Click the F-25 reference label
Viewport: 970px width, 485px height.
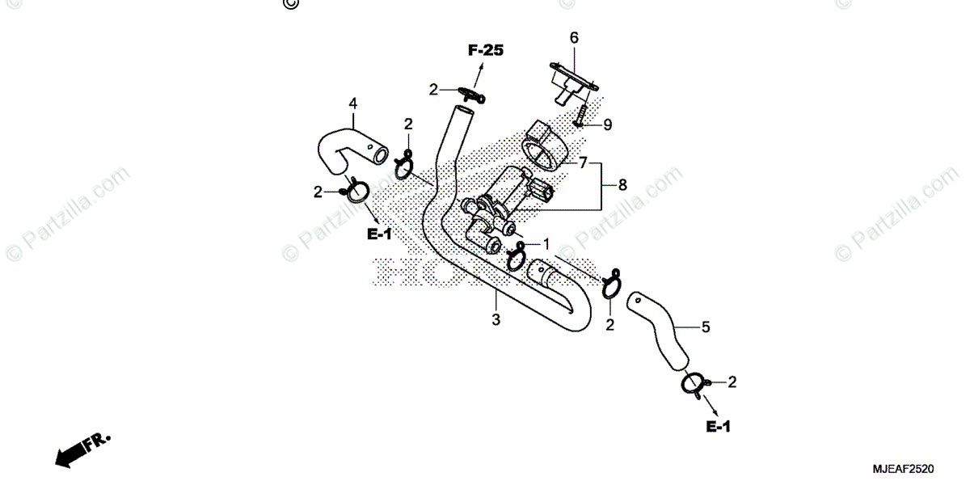coord(485,51)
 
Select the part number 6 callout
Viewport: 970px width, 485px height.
coord(574,38)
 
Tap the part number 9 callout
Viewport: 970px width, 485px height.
coord(606,124)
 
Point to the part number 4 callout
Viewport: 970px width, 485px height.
coord(352,103)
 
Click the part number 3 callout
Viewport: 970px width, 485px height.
coord(496,319)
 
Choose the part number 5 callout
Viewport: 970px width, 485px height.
coord(705,327)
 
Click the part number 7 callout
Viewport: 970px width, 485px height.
coord(582,162)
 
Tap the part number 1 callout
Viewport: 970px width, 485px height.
coord(546,242)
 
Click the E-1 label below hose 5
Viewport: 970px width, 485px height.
coord(718,426)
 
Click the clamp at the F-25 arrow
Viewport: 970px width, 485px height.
coord(471,94)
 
